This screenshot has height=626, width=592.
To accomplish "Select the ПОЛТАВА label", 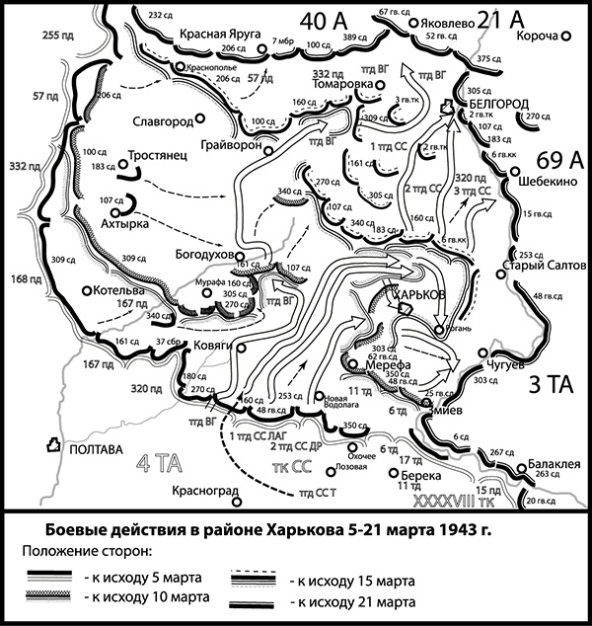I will (95, 448).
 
